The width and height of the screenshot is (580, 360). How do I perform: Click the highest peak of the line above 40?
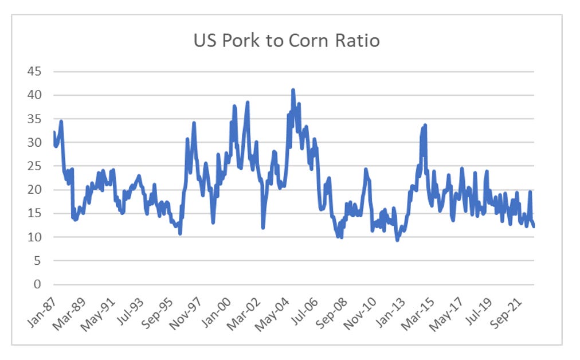point(293,90)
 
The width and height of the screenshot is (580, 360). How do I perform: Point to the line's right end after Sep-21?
point(534,226)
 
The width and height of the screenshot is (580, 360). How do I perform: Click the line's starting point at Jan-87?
point(54,132)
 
